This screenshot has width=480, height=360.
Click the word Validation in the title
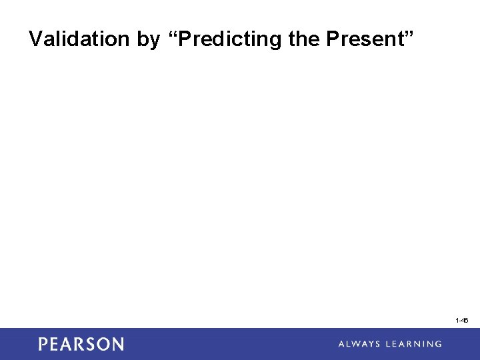79,39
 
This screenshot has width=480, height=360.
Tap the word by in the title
149,40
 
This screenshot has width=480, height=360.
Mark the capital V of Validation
35,39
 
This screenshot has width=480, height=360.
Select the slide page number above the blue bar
461,321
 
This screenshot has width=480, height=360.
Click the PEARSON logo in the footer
81,344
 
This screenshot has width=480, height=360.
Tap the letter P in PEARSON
43,344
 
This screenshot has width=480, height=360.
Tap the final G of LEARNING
437,344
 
